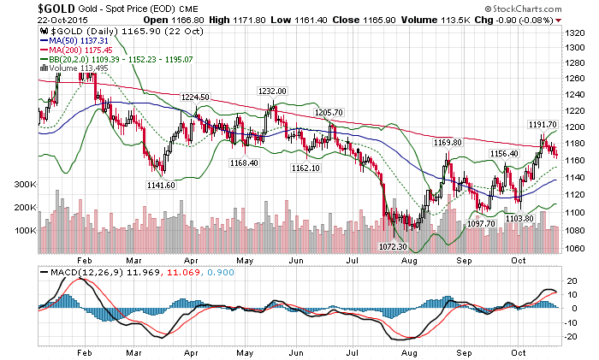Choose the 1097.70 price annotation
pos(481,223)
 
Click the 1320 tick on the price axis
pos(574,31)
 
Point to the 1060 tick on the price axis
pos(574,248)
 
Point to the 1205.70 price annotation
pos(329,112)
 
